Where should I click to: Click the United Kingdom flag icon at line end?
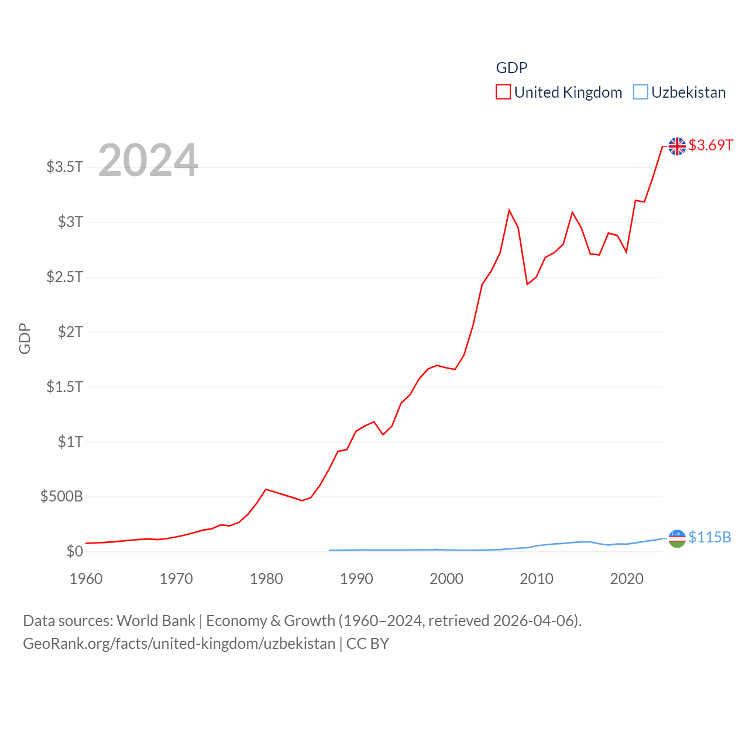pos(677,146)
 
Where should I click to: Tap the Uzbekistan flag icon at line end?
pos(677,538)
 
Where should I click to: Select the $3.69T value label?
pos(710,145)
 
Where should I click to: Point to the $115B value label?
pos(709,537)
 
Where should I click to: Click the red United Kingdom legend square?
pos(503,92)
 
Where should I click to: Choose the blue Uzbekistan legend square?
pos(641,92)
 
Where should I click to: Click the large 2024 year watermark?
pos(148,160)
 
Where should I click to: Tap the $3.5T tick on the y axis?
pos(64,167)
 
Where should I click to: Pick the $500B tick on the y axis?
pos(61,497)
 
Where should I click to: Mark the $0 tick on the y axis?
pos(74,551)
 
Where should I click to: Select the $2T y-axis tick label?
pos(70,332)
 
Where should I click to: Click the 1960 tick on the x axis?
pos(86,579)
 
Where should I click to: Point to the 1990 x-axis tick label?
pos(356,579)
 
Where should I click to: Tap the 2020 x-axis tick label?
pos(627,579)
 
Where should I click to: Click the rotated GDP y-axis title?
pos(25,338)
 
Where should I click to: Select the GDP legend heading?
pos(511,68)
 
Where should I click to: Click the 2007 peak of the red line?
pos(509,210)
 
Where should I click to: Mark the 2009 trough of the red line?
pos(527,284)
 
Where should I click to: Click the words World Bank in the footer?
pos(156,621)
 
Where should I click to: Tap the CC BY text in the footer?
pos(367,644)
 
